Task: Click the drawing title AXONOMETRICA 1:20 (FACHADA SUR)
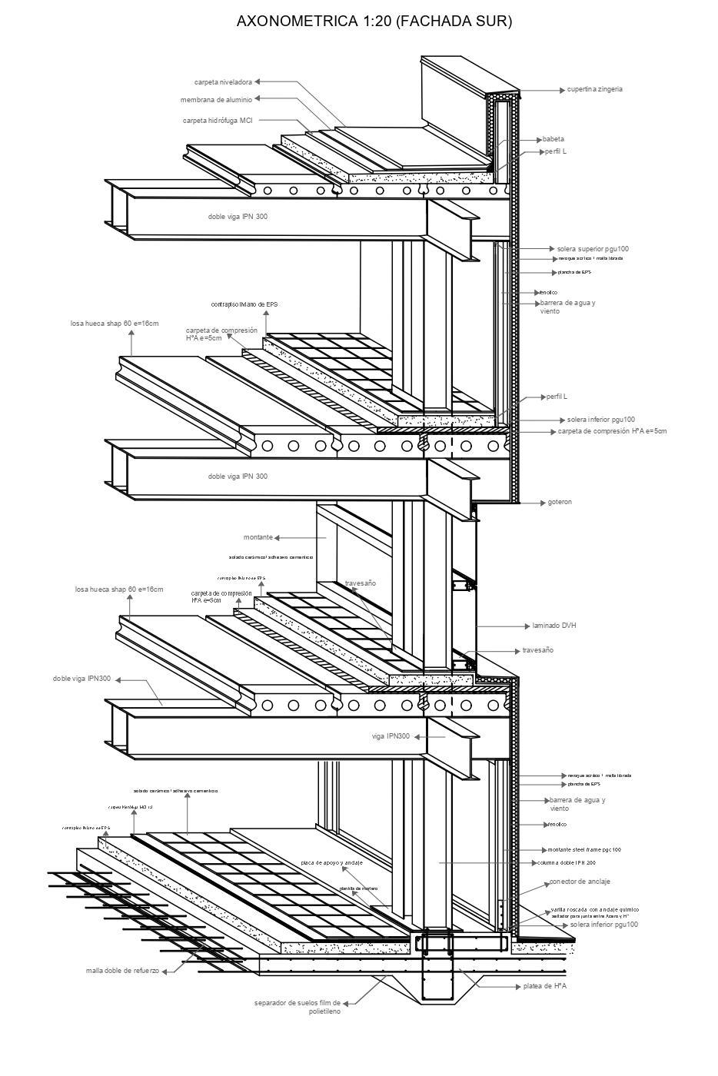tap(374, 22)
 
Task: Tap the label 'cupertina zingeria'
tap(595, 89)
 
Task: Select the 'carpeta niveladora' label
tap(223, 81)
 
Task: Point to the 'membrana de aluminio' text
tap(216, 100)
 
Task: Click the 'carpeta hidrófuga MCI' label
tap(218, 121)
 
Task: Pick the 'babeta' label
tap(553, 139)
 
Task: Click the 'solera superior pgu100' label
tap(593, 249)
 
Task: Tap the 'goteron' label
tap(560, 502)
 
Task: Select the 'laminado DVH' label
tap(554, 626)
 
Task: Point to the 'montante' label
tap(258, 537)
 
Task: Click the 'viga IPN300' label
tap(391, 736)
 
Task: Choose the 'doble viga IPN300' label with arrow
tap(81, 679)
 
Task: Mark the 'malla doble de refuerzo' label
tap(123, 971)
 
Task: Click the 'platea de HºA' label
tap(544, 985)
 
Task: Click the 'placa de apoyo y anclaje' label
tap(331, 862)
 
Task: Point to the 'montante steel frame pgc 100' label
tap(584, 849)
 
